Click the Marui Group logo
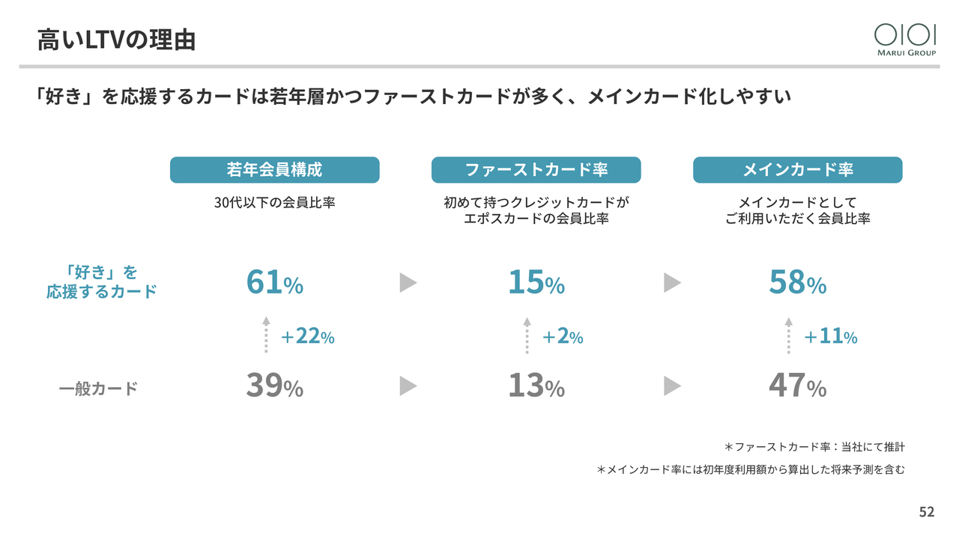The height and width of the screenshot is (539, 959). tap(905, 39)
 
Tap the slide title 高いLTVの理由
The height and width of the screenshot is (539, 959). tap(116, 40)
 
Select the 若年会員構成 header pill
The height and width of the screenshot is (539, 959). tap(274, 170)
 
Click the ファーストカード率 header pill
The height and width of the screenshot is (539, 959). tap(536, 170)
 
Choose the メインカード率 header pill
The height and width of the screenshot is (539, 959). tap(797, 170)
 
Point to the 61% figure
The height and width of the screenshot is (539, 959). tap(274, 282)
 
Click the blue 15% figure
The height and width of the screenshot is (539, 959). tap(536, 282)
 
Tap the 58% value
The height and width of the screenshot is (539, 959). tap(797, 282)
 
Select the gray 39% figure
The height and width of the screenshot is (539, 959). tap(274, 386)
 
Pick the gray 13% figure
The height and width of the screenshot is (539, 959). tap(536, 386)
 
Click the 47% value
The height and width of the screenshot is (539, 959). tap(797, 386)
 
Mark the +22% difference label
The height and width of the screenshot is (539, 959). tap(307, 337)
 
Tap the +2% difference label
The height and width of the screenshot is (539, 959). tap(562, 337)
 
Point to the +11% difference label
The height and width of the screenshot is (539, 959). tap(830, 337)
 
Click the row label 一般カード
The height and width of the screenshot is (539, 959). tap(98, 389)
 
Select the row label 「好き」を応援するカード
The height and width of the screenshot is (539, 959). tap(102, 281)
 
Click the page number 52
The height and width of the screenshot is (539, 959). tap(927, 512)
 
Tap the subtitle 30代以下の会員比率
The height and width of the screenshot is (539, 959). tap(274, 202)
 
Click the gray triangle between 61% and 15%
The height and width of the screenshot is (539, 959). tap(408, 282)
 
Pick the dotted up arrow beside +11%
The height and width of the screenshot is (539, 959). tap(788, 335)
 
